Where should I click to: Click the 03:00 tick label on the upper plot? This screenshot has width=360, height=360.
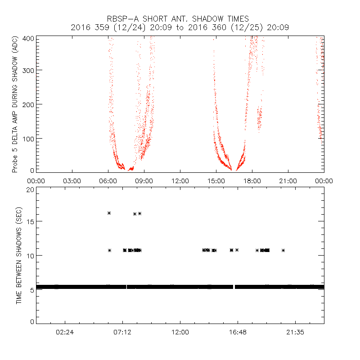(72, 180)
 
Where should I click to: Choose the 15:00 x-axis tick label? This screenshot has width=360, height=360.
(216, 180)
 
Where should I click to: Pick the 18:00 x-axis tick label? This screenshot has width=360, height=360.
(252, 180)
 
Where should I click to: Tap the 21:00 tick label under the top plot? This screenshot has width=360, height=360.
(288, 180)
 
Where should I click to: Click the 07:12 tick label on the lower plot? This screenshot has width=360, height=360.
(122, 333)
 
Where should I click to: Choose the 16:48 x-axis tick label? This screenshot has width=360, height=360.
(238, 333)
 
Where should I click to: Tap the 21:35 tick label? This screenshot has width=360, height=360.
(295, 333)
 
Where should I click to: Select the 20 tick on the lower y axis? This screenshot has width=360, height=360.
(30, 189)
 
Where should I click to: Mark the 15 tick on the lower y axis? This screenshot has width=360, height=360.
(30, 221)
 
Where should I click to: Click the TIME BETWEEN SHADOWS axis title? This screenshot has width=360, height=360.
(19, 256)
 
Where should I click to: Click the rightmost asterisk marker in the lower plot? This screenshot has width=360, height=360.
(283, 250)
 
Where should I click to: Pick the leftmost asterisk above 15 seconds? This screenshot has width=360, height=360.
(109, 213)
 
